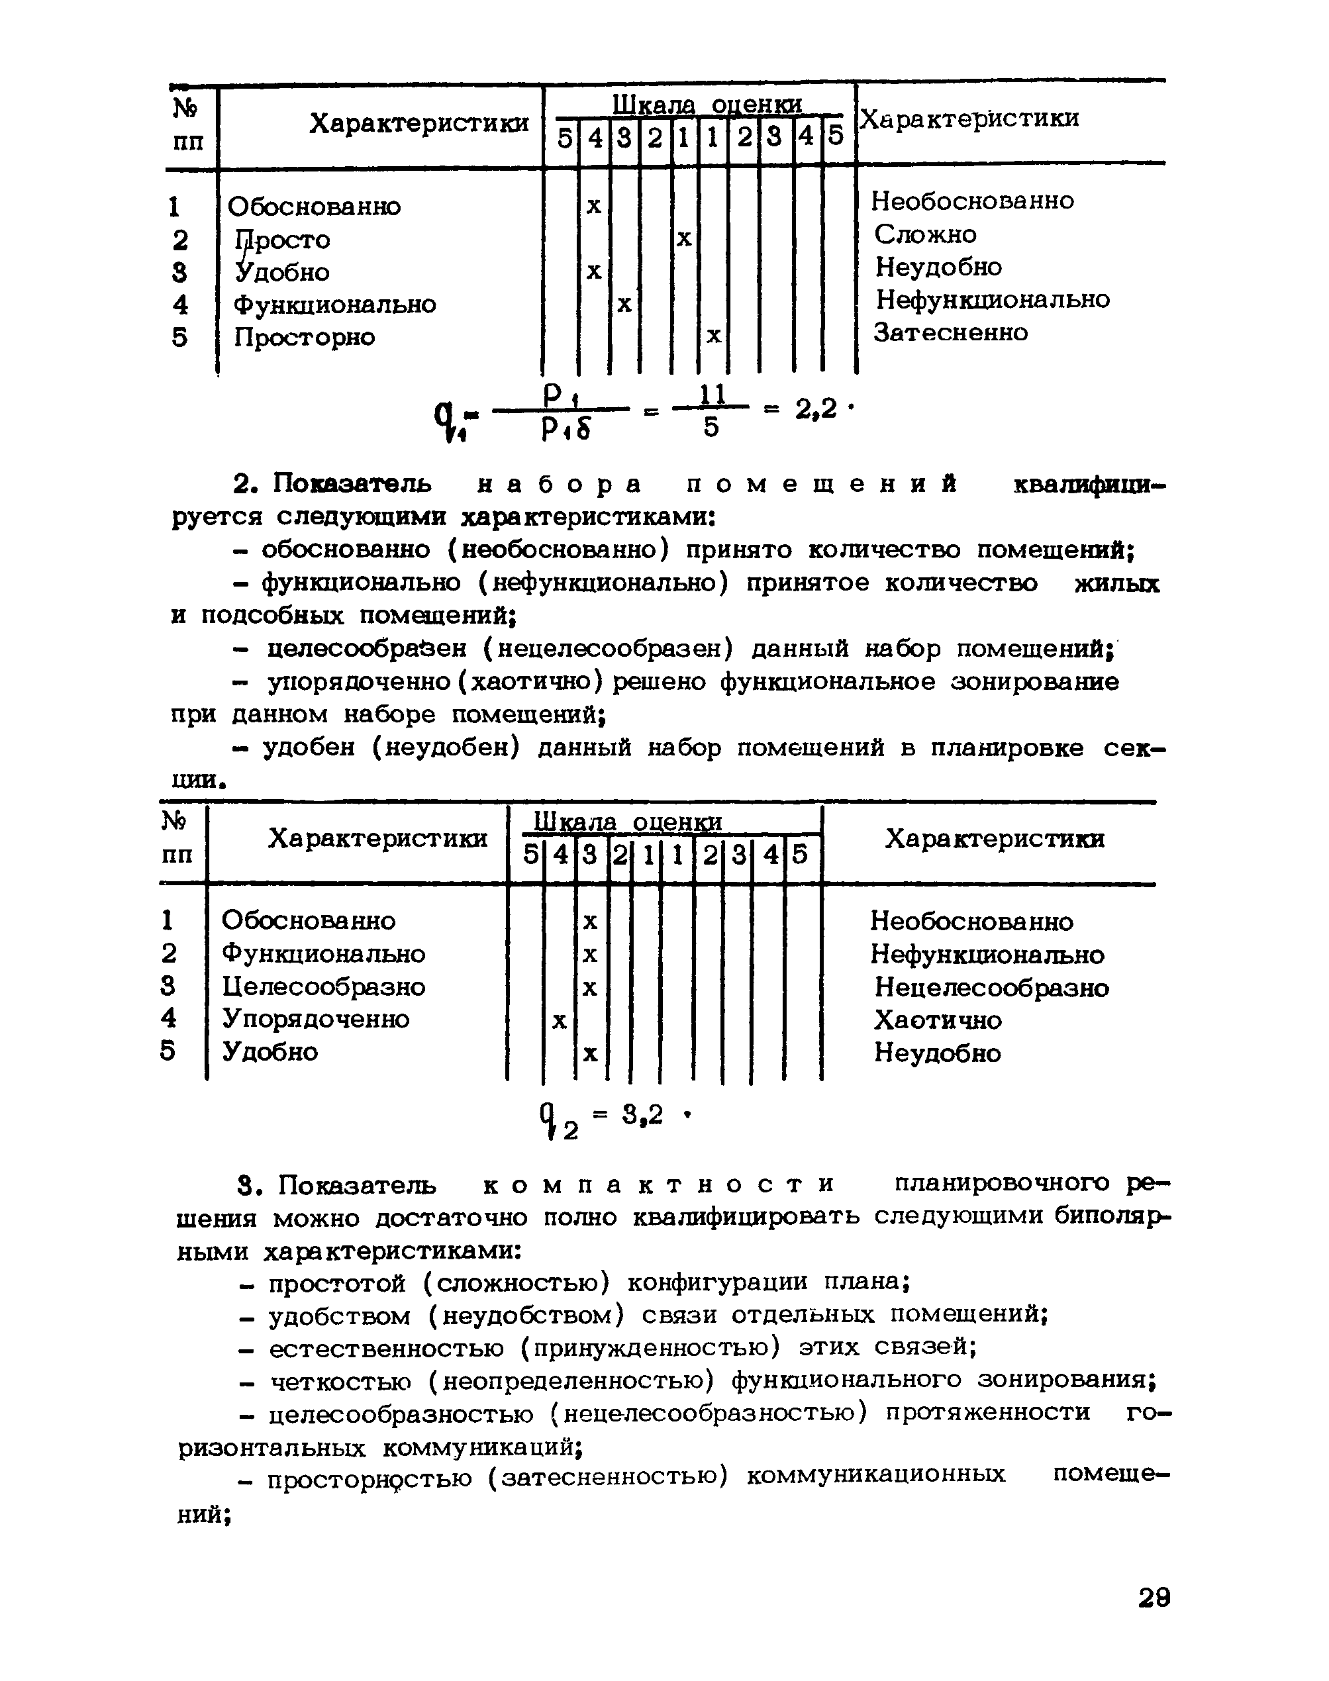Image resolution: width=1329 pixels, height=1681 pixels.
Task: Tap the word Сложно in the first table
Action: coord(925,234)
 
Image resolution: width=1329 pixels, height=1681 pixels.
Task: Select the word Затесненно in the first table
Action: coord(951,333)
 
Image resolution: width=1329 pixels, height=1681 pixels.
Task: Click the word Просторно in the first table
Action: coord(304,338)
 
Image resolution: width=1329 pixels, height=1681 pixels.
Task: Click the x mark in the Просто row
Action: coord(683,238)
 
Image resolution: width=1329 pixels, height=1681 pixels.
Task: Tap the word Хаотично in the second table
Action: coord(938,1020)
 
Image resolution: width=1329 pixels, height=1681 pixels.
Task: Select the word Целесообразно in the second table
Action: coord(324,987)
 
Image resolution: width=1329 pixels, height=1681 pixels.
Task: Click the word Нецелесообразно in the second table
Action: coord(991,988)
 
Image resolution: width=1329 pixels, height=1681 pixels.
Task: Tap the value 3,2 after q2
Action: coord(643,1116)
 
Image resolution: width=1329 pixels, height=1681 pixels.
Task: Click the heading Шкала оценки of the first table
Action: coord(707,104)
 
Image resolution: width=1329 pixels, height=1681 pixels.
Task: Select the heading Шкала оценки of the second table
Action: coord(627,822)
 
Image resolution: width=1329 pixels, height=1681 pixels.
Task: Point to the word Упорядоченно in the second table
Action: coord(316,1019)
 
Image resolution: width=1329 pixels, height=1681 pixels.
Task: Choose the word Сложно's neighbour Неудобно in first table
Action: coord(938,267)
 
